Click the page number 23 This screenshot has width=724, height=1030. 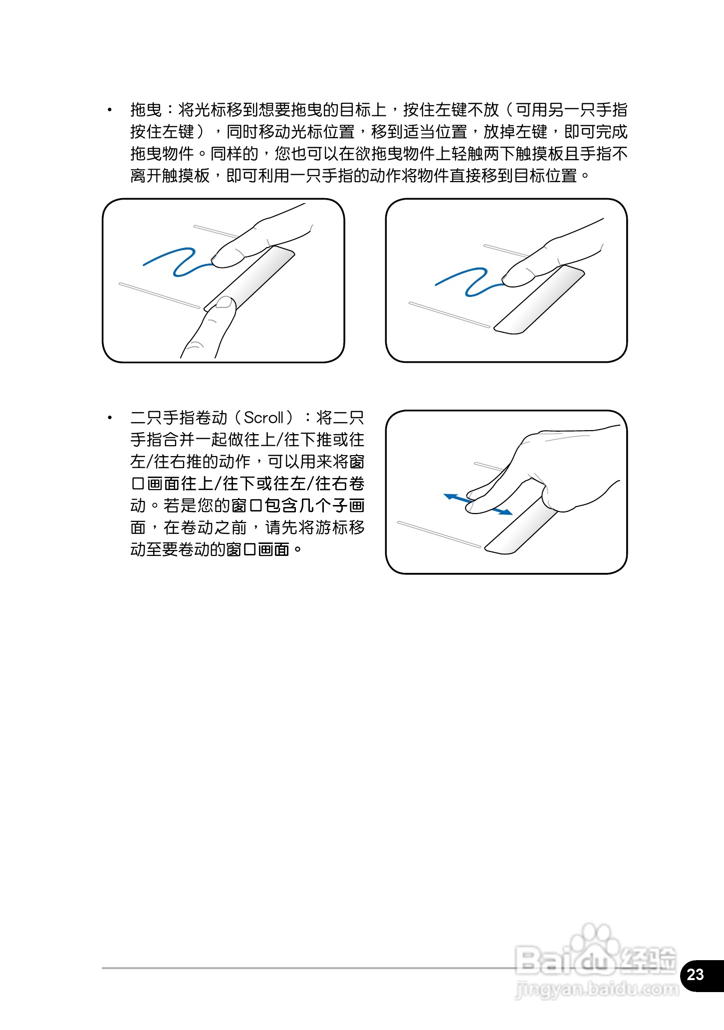point(695,974)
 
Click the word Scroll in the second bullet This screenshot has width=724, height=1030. point(264,417)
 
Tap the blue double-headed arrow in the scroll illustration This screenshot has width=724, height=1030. point(478,504)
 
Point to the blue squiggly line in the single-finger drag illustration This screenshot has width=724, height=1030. point(469,282)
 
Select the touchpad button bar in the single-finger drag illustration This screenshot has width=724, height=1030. point(538,299)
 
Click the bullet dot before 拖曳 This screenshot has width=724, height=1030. point(110,110)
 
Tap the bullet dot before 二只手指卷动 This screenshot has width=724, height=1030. point(110,418)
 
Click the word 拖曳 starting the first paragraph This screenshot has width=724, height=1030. point(146,110)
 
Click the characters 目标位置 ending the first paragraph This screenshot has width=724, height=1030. point(546,176)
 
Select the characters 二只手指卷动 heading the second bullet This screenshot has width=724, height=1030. point(179,418)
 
